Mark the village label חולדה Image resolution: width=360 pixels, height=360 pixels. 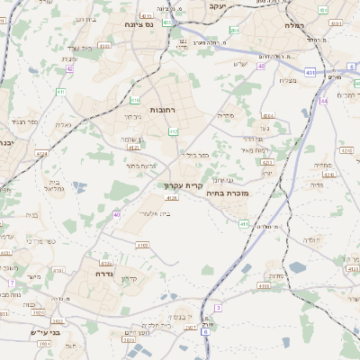(x=310, y=240)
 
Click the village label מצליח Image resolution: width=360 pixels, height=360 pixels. (x=287, y=81)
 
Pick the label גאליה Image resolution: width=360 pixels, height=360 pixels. (x=62, y=125)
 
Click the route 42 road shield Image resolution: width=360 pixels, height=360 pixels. (x=69, y=68)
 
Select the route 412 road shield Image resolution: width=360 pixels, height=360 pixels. (x=173, y=132)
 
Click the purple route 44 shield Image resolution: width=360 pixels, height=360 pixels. (x=324, y=101)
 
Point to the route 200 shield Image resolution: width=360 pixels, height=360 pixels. (x=234, y=31)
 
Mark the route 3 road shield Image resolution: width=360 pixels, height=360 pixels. (x=217, y=308)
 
